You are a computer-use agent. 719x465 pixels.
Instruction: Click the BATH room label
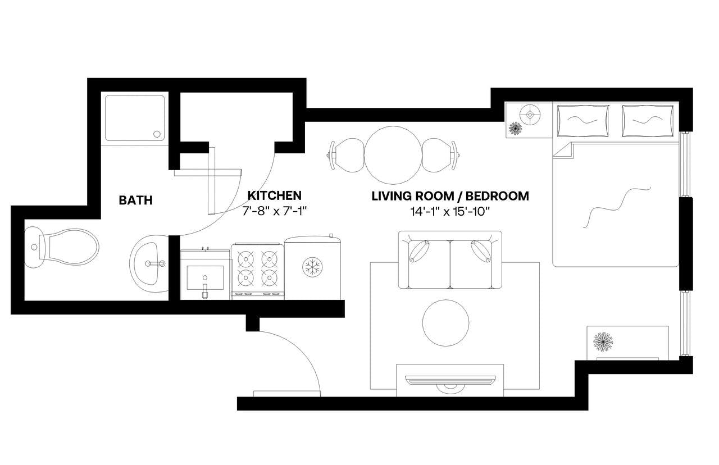click(135, 200)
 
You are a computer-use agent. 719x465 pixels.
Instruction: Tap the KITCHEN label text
click(275, 195)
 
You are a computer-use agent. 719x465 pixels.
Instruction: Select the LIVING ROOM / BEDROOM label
click(450, 196)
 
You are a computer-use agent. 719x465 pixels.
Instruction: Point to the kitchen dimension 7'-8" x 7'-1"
click(275, 212)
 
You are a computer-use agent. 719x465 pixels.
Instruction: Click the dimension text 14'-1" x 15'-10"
click(450, 212)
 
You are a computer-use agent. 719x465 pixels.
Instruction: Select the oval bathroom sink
click(149, 263)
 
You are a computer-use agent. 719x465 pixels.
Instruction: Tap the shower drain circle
click(157, 134)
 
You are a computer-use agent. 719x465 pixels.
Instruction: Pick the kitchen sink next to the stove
click(204, 276)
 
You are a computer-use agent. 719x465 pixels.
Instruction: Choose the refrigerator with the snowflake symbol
click(313, 267)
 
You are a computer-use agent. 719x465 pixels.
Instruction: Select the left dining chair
click(348, 156)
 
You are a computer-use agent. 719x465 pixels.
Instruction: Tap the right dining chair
click(439, 156)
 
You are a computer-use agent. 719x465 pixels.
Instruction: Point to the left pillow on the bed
click(583, 121)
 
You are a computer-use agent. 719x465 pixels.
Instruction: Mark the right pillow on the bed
click(648, 121)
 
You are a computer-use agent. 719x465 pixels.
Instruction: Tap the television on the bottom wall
click(449, 381)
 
